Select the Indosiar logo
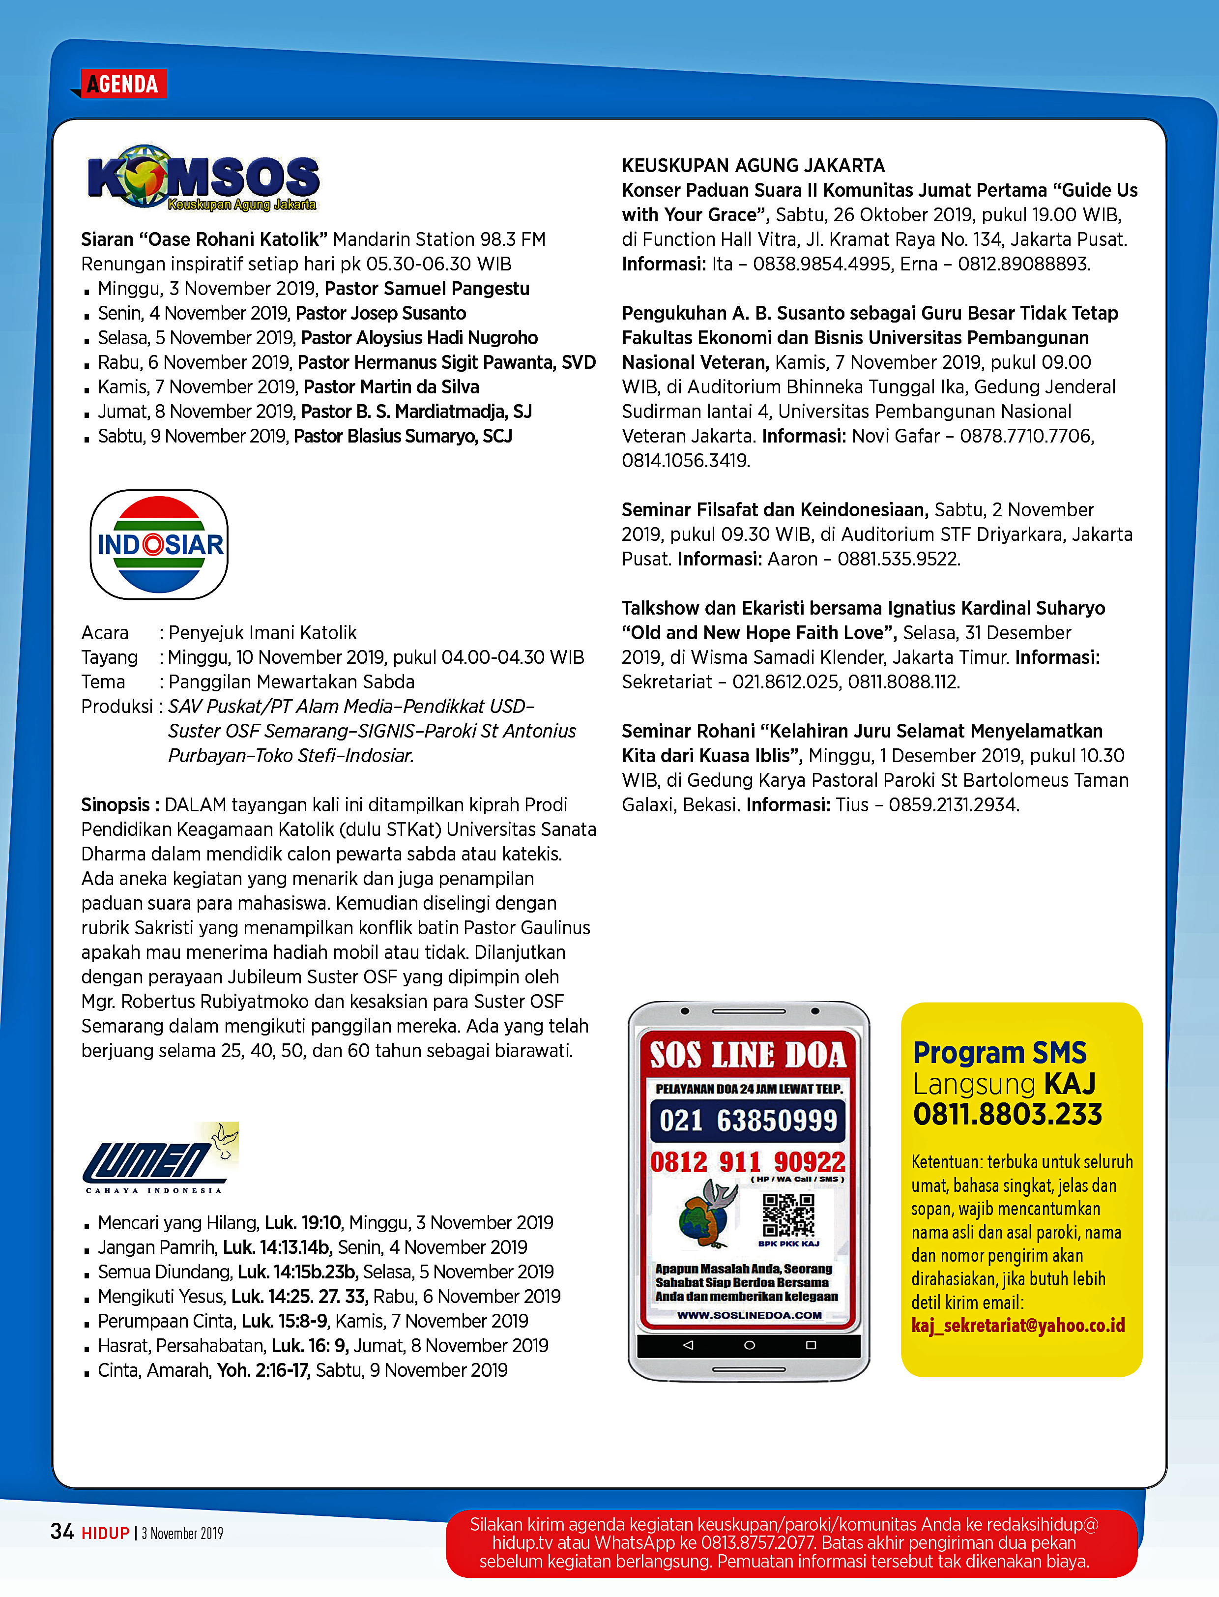point(159,544)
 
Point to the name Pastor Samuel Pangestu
point(427,289)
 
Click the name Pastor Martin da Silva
point(391,387)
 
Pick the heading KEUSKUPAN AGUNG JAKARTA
point(753,166)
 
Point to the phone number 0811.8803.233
point(1007,1114)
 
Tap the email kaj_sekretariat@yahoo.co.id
point(1018,1326)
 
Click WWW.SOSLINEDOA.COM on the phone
point(749,1315)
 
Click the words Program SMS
point(999,1053)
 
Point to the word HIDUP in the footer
point(105,1533)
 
